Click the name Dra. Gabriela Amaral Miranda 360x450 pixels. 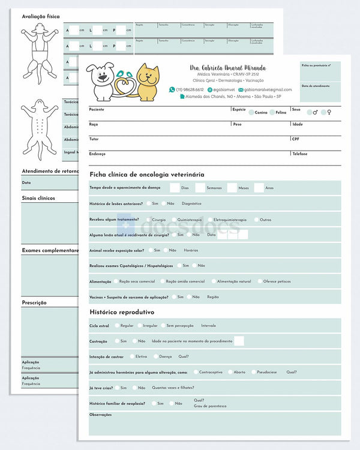click(227, 68)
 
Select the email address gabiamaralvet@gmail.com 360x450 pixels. click(268, 89)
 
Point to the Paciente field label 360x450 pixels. click(97, 109)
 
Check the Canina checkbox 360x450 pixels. click(251, 112)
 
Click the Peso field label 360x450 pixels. click(237, 124)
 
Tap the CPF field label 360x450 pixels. click(295, 139)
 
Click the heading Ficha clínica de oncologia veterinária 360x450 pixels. click(147, 174)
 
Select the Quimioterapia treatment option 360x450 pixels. click(173, 220)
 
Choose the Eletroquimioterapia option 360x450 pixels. click(210, 220)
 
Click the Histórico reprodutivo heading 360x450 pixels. click(122, 312)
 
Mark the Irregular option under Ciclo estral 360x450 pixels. click(139, 325)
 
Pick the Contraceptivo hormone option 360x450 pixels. click(195, 372)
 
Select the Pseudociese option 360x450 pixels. click(252, 372)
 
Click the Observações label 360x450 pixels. click(101, 415)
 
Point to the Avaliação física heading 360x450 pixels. click(41, 17)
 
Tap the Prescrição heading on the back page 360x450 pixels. click(34, 303)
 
